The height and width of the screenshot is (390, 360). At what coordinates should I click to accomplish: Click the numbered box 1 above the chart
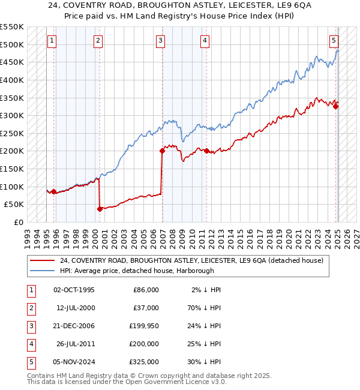point(52,41)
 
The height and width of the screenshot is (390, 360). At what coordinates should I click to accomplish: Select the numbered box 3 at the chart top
point(161,41)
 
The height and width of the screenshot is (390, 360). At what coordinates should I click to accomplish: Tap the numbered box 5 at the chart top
point(334,41)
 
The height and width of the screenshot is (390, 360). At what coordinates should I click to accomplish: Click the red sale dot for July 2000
point(100,209)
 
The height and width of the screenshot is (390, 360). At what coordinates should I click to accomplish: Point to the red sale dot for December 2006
point(162,151)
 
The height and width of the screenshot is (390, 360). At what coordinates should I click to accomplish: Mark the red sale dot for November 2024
point(336,107)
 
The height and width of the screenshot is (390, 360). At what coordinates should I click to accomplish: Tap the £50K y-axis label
point(14,205)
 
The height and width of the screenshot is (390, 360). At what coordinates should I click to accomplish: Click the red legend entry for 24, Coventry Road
point(191,260)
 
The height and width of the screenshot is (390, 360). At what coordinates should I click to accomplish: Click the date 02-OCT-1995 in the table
point(74,290)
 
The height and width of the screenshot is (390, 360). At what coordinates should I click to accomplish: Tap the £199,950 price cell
point(143,326)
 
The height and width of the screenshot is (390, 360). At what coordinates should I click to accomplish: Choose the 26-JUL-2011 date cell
point(76,344)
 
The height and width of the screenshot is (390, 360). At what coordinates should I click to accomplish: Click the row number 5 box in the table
point(31,362)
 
